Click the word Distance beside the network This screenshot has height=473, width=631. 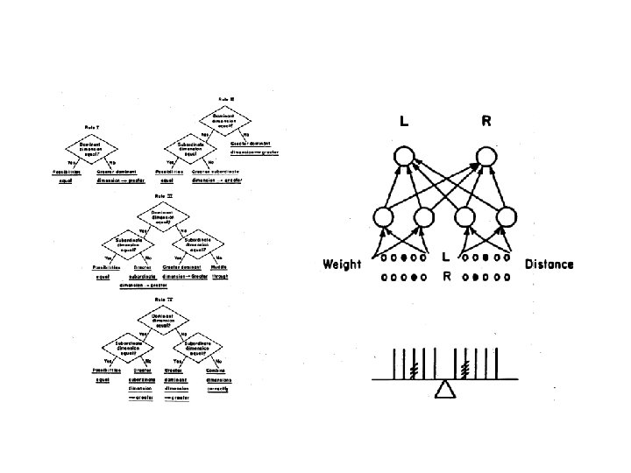(549, 264)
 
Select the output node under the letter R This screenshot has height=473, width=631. (486, 158)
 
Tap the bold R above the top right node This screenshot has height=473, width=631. (486, 123)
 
